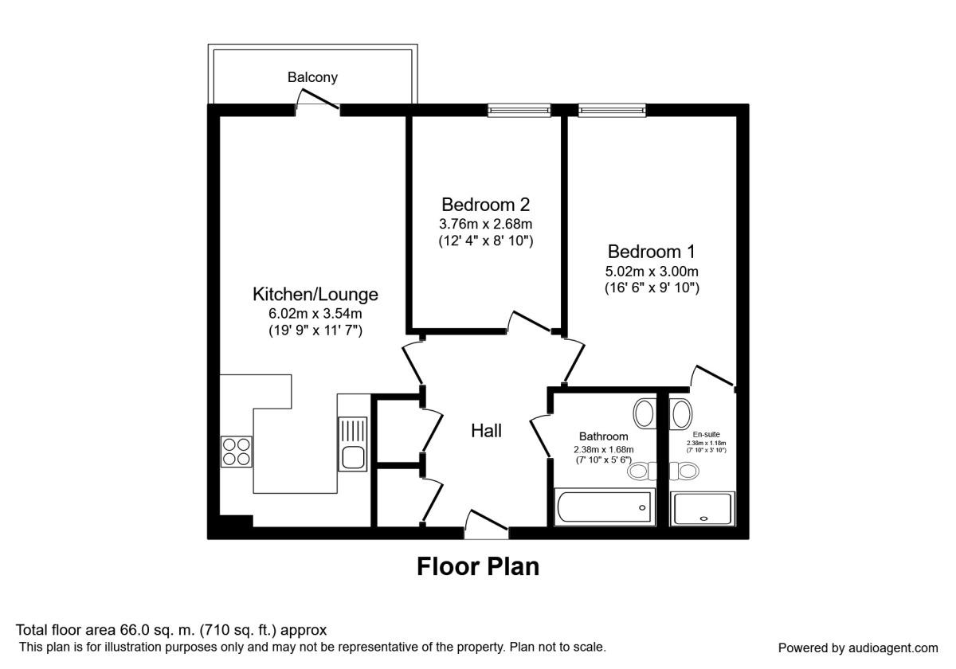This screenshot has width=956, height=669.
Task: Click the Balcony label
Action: point(312,77)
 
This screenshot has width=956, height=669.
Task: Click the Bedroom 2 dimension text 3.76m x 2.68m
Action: point(486,223)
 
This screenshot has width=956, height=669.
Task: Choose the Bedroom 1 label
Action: point(652,252)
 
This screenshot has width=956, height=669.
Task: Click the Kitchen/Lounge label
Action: point(315,295)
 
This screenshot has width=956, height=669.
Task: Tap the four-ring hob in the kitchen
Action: point(237,452)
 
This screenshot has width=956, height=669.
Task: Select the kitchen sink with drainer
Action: point(351,443)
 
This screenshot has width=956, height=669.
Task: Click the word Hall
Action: point(486,431)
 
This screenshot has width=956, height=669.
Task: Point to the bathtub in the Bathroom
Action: point(604,507)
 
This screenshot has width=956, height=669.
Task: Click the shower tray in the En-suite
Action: point(703,508)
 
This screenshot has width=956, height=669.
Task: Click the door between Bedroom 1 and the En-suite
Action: point(713,377)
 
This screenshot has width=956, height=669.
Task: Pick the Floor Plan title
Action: point(478,566)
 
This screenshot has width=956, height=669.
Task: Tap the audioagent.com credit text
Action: point(858,647)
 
